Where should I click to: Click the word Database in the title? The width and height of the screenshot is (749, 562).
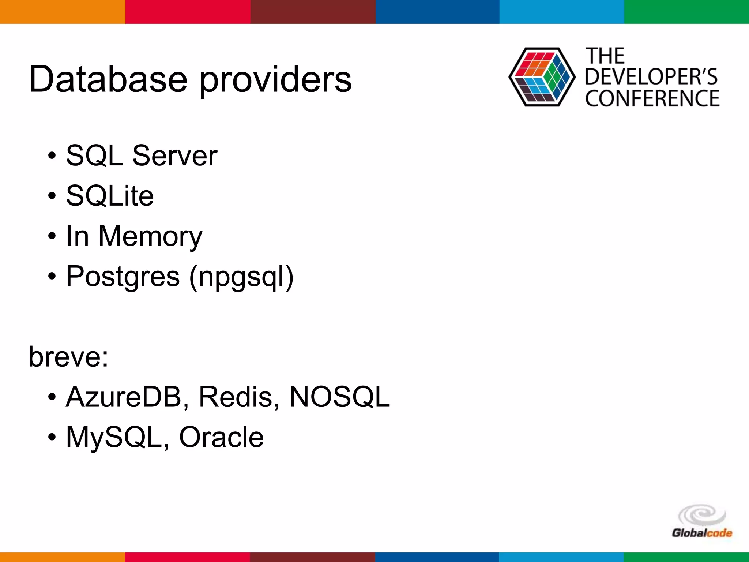(x=108, y=79)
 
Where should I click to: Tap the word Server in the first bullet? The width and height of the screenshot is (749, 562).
(x=174, y=156)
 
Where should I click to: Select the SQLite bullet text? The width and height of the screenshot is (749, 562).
(x=110, y=196)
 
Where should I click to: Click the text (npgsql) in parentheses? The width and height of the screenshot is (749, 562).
(x=241, y=277)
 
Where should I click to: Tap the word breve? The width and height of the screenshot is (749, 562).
(x=69, y=357)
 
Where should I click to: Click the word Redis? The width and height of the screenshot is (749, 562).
(x=236, y=397)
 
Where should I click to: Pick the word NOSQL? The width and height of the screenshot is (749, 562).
(x=339, y=397)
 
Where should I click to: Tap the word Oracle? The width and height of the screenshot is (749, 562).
(x=221, y=437)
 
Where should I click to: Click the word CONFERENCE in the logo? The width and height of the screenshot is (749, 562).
(x=652, y=99)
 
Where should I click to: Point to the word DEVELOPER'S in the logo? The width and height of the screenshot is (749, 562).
(x=651, y=77)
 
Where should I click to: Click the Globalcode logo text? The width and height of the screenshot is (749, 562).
(x=702, y=533)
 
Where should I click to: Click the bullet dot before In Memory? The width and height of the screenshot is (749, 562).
(x=52, y=236)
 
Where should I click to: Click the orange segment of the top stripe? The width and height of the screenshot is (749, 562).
(x=62, y=12)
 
